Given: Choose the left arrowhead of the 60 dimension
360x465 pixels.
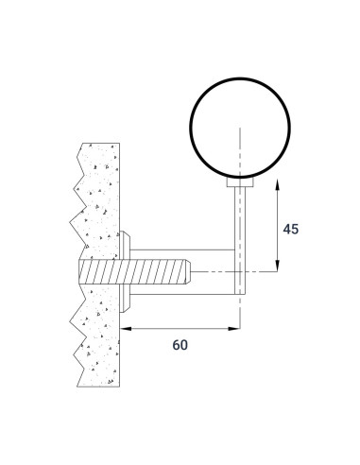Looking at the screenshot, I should [x=125, y=328].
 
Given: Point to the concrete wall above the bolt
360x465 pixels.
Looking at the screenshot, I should [x=94, y=198].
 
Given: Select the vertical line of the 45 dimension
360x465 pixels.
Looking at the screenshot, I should [x=277, y=227].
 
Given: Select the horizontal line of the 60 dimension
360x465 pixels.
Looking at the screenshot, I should [x=180, y=328].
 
